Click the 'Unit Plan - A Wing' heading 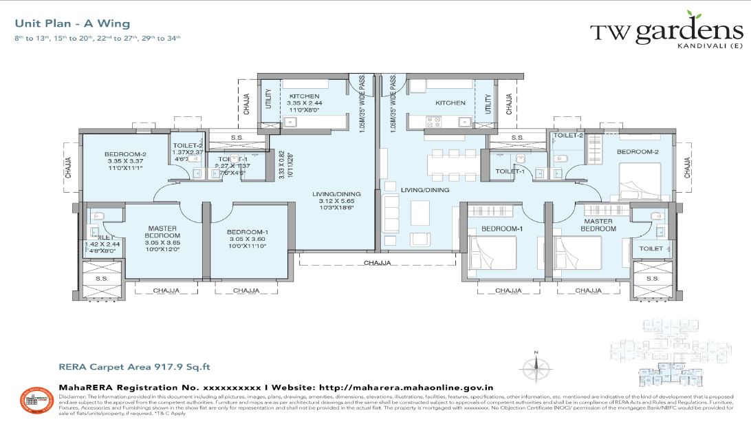pyautogui.click(x=62, y=24)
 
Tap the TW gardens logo pyautogui.click(x=666, y=31)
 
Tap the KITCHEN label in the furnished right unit pyautogui.click(x=450, y=103)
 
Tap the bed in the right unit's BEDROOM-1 pyautogui.click(x=493, y=253)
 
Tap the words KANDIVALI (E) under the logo pyautogui.click(x=710, y=45)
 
